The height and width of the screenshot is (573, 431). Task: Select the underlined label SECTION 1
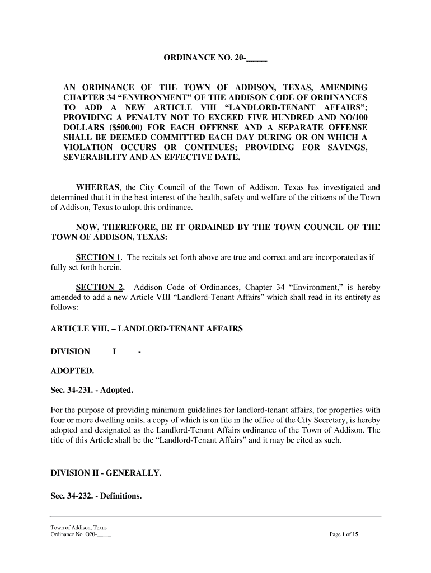[99, 257]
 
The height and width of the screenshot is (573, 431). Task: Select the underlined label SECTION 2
[100, 288]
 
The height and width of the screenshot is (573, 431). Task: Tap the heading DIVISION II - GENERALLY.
[106, 473]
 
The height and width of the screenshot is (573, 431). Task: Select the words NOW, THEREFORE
[111, 227]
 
